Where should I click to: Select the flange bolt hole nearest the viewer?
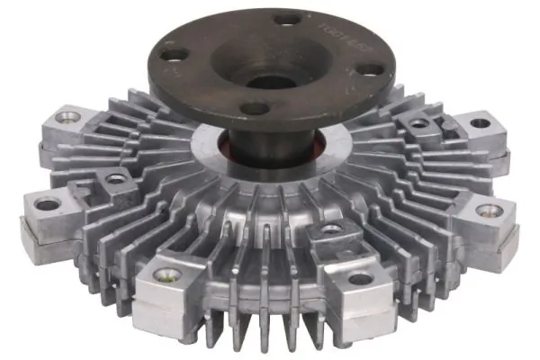point(256,108)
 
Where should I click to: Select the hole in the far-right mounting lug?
point(488,211)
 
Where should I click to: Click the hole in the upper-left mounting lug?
point(67,116)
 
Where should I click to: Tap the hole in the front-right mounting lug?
point(360,278)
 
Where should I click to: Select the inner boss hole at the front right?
point(330,229)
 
